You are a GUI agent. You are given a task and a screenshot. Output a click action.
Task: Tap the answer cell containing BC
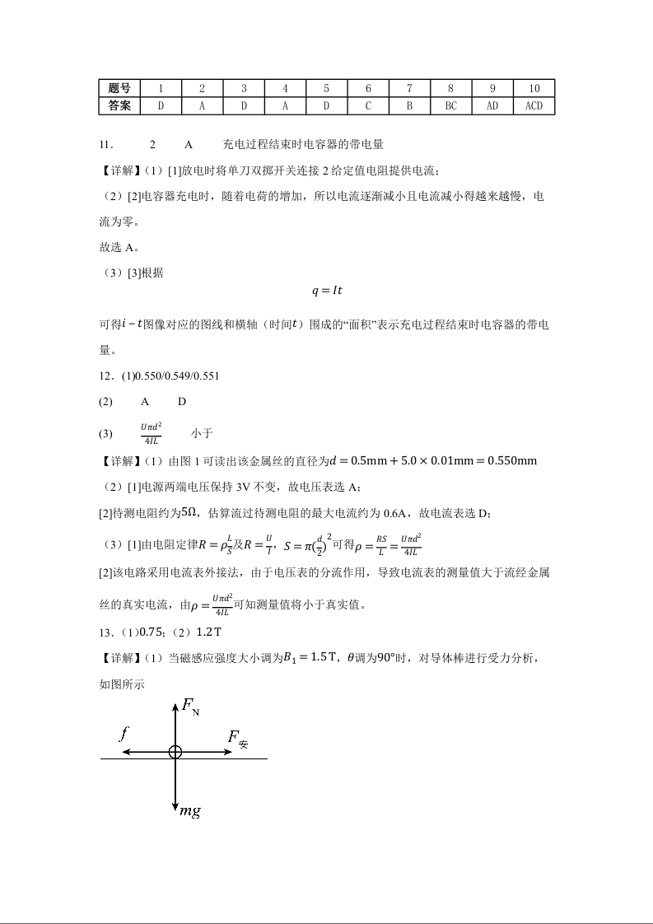point(450,105)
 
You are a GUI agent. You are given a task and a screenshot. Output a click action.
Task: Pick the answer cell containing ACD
point(534,105)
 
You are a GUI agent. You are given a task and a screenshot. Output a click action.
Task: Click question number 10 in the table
point(534,88)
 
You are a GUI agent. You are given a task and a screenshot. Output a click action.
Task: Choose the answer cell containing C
point(368,105)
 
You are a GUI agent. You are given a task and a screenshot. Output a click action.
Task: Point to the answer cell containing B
point(409,105)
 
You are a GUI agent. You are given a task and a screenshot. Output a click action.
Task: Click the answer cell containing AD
point(492,105)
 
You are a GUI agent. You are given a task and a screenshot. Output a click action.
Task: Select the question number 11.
point(105,144)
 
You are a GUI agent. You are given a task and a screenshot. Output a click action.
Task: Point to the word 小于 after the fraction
point(202,432)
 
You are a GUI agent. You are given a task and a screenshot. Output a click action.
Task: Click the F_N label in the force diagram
point(190,707)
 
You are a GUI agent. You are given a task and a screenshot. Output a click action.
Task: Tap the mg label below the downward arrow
point(190,811)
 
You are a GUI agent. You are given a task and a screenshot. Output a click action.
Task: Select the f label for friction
point(124,731)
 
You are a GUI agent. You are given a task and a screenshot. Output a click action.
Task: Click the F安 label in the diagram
point(237,739)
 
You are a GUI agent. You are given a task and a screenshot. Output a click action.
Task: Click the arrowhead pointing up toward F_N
point(175,704)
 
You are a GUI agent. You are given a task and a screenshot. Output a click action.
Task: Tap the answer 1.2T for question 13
point(207,632)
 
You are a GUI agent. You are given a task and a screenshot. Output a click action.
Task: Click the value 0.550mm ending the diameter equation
point(513,460)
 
